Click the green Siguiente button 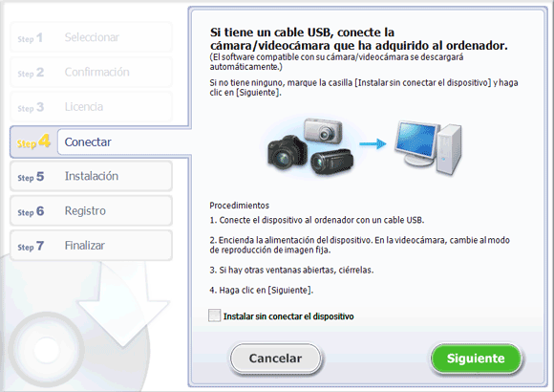476,358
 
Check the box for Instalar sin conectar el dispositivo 215,316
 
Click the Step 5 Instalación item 91,176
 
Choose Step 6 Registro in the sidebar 91,211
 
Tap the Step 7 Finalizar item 91,246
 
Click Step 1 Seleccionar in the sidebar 91,37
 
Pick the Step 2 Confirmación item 91,72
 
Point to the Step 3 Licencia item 91,106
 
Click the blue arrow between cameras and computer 373,144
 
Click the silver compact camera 323,131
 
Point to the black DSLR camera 287,152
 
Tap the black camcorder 331,162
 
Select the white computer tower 449,149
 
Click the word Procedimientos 239,206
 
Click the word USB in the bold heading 319,33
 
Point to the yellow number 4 44,141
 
